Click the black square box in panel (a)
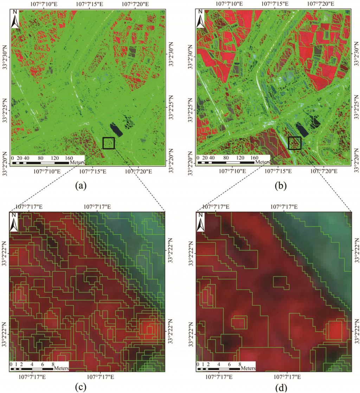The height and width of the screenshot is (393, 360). [x=108, y=143]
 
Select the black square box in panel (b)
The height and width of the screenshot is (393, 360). [x=294, y=143]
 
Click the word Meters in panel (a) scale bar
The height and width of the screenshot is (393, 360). [x=77, y=163]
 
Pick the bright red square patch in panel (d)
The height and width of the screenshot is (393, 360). [x=336, y=330]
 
